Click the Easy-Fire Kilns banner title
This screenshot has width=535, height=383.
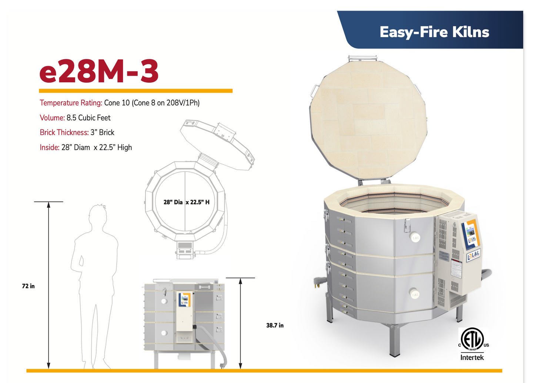[x=434, y=32]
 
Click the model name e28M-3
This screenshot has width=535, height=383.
[x=99, y=72]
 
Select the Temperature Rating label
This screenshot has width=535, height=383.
[x=71, y=103]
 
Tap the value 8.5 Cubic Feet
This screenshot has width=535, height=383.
[x=88, y=118]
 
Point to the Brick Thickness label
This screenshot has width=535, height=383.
[x=64, y=133]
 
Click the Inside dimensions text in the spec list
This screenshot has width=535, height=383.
[x=86, y=148]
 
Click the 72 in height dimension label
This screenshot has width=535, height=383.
[x=28, y=286]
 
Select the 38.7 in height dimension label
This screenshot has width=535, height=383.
[x=275, y=326]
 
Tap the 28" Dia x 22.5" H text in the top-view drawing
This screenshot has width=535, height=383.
[x=186, y=202]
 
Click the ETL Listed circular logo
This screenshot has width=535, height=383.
[x=472, y=339]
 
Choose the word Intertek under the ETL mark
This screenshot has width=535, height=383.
[x=472, y=358]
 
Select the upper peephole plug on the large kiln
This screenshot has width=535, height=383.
[x=415, y=238]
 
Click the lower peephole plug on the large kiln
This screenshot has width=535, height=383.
[x=415, y=294]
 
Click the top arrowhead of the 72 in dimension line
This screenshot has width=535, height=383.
[x=49, y=205]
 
